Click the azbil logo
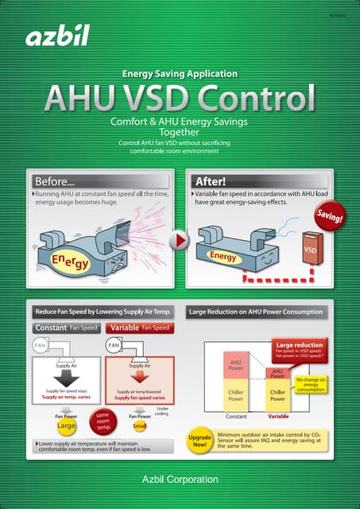[56, 36]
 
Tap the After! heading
[211, 181]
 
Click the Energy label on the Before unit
[71, 262]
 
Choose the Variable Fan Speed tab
[141, 328]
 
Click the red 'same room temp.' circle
[103, 418]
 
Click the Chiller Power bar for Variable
[277, 395]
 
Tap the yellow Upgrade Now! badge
[199, 440]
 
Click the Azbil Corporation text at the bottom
[180, 479]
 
